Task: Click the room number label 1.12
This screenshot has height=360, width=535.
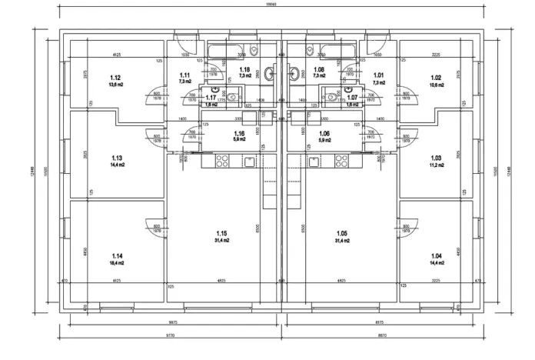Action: tap(115, 78)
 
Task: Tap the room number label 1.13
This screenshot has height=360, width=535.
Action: tap(115, 158)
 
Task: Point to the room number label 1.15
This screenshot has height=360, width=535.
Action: tap(221, 233)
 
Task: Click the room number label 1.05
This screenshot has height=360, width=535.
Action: tap(342, 233)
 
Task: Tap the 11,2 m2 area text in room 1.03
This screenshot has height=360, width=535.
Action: tap(437, 165)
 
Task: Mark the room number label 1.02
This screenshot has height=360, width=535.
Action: tap(436, 78)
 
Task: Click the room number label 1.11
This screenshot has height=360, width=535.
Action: tap(184, 75)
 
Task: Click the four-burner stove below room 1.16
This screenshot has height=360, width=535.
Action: tap(222, 161)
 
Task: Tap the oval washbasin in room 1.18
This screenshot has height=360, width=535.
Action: tap(269, 74)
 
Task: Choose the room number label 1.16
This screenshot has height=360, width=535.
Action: tap(239, 133)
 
